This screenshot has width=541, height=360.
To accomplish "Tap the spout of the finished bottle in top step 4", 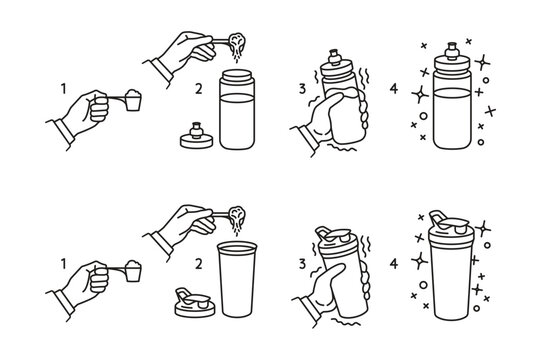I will pyautogui.click(x=451, y=46).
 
